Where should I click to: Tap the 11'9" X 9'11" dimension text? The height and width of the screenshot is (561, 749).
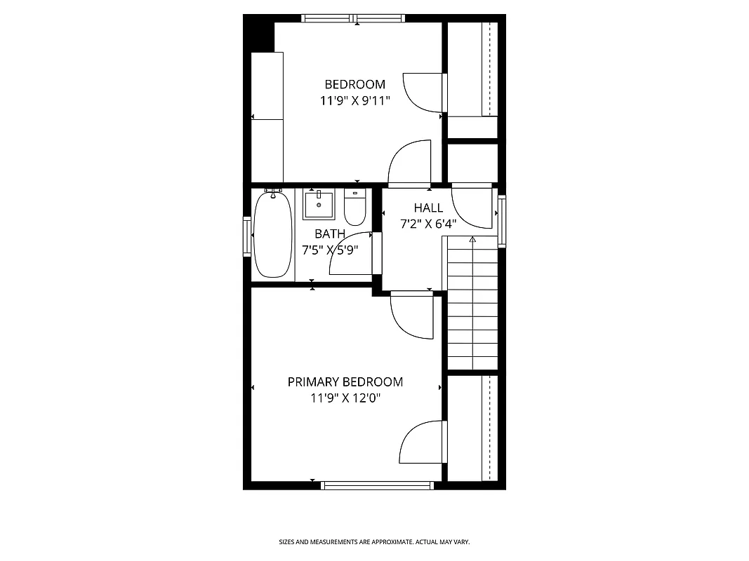click(x=354, y=101)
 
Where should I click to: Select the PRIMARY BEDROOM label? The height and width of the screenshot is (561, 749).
click(x=345, y=382)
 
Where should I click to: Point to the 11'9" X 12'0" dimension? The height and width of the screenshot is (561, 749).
click(x=345, y=398)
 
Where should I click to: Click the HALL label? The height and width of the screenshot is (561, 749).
click(x=428, y=208)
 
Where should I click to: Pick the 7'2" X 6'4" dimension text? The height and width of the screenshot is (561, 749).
click(x=428, y=224)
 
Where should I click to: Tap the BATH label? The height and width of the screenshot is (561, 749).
click(x=330, y=234)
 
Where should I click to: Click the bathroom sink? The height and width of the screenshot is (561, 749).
click(x=320, y=204)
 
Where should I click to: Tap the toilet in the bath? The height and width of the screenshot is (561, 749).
click(x=355, y=205)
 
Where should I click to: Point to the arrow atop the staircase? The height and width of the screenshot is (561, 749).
click(x=472, y=240)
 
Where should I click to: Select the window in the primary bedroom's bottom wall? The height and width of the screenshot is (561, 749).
click(x=378, y=485)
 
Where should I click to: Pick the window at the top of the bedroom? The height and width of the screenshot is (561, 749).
click(x=354, y=18)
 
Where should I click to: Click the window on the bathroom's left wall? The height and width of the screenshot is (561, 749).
click(x=247, y=236)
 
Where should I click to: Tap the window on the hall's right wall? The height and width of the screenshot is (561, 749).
click(x=502, y=221)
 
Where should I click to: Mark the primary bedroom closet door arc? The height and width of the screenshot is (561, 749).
click(x=420, y=442)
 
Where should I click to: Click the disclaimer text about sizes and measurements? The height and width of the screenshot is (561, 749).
click(x=374, y=542)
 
